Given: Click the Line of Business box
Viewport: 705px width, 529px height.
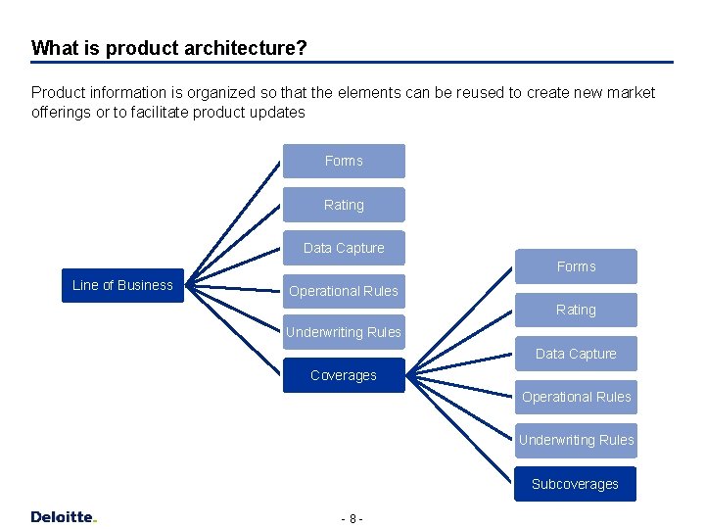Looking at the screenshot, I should tap(122, 285).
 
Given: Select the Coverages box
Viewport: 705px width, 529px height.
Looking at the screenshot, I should tap(344, 375).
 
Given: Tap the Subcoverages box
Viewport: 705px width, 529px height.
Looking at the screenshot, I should tap(576, 484).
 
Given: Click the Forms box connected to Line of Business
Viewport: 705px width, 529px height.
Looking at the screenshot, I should tap(344, 161).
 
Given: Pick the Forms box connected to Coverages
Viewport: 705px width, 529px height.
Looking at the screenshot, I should tap(576, 266).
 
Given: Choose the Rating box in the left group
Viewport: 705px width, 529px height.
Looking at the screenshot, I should tap(344, 205).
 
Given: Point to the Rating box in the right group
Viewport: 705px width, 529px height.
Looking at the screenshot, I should tap(576, 310).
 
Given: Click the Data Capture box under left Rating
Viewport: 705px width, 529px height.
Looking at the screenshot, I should tap(344, 248).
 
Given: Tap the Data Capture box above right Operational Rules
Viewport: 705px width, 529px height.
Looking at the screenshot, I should tap(576, 354).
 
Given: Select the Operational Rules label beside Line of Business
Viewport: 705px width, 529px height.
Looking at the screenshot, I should tap(344, 291).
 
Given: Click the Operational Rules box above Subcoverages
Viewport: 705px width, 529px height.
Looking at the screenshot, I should tap(576, 397).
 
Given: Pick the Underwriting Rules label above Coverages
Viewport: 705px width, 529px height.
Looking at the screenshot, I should tap(344, 332).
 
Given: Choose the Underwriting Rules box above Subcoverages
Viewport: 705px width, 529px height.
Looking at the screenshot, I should tap(576, 440).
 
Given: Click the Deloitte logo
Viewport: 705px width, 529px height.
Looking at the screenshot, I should tap(64, 516).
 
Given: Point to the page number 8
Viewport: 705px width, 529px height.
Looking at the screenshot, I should tap(352, 518).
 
